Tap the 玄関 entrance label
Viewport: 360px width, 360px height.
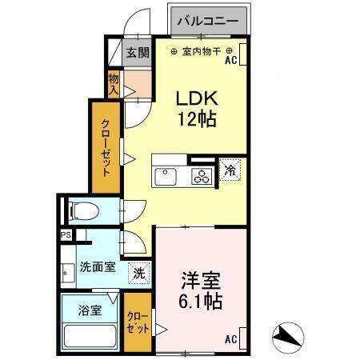[138, 53]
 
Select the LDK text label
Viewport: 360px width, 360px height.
[196, 98]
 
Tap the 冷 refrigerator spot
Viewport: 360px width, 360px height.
[230, 170]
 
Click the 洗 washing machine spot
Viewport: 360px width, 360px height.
[138, 272]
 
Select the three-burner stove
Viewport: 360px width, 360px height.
[202, 177]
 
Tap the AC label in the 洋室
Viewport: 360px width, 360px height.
[231, 339]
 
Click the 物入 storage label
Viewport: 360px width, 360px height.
[114, 85]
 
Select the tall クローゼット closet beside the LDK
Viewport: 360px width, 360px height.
[106, 145]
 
